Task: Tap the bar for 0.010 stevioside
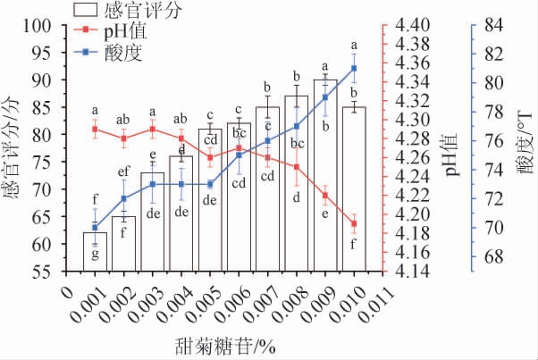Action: point(354,192)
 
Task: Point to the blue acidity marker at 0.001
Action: point(96,228)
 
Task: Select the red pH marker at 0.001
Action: point(96,130)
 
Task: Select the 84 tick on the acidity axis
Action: point(493,25)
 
